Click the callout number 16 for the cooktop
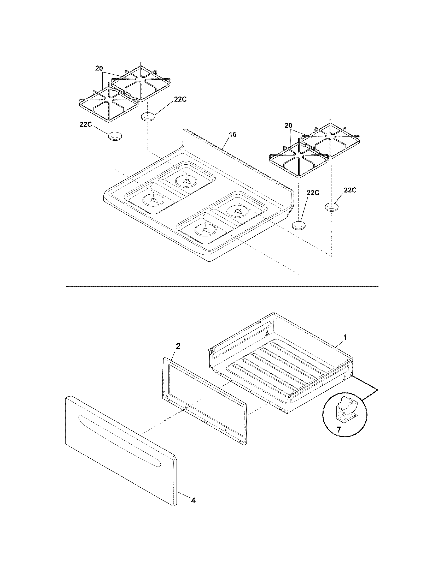232,135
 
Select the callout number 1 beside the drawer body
346,337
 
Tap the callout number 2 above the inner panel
178,346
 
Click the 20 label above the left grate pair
99,68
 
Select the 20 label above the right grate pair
288,126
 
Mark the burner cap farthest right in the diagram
332,207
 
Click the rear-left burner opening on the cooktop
186,181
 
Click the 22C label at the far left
86,124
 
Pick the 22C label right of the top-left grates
180,99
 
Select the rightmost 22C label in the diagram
350,190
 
